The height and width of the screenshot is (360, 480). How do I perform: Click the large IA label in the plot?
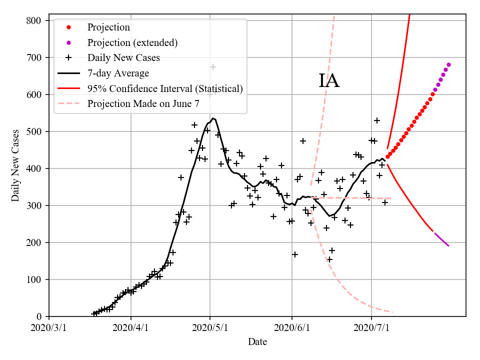[x=329, y=80]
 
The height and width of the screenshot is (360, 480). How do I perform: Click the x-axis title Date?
[x=257, y=342]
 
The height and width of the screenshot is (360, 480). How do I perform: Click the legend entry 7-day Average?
[x=118, y=73]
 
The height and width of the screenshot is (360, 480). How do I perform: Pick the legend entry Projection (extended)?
[x=132, y=42]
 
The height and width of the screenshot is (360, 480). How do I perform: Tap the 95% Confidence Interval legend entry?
[x=165, y=88]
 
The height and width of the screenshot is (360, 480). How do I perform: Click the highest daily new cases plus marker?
[x=213, y=67]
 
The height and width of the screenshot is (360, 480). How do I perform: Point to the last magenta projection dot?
[x=448, y=64]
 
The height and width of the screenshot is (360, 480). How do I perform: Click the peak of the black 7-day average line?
[x=213, y=118]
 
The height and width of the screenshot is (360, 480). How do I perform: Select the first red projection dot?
[x=387, y=156]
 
